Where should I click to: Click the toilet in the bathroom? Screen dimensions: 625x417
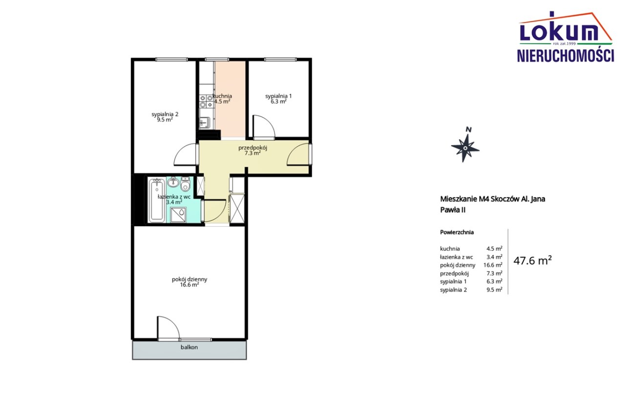185,184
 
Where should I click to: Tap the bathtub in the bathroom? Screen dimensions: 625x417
157,200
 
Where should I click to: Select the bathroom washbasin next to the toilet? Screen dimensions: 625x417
173,182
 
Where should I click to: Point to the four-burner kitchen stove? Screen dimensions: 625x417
207,101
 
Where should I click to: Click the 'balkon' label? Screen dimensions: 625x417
189,347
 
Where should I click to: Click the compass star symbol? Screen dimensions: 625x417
465,148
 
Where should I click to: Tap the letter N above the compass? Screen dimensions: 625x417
469,129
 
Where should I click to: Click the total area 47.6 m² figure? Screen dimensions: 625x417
533,260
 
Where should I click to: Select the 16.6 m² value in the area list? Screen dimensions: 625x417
493,265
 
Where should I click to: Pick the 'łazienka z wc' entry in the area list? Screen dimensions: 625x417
457,257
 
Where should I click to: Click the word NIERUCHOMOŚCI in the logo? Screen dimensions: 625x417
565,56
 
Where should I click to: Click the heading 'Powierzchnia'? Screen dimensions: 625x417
457,232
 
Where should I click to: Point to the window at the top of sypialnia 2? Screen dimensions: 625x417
171,60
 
